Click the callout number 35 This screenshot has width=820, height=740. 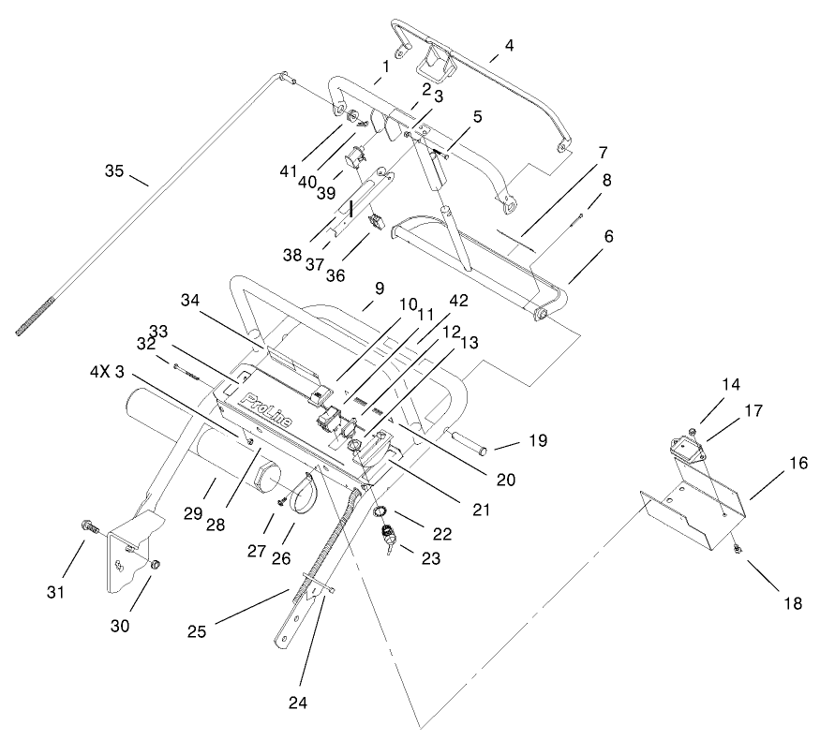click(114, 170)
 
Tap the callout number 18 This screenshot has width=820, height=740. click(792, 604)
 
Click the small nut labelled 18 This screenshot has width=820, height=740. click(738, 548)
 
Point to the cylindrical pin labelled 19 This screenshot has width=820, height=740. click(470, 440)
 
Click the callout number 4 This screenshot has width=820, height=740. click(508, 44)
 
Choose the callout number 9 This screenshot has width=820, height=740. click(380, 290)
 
